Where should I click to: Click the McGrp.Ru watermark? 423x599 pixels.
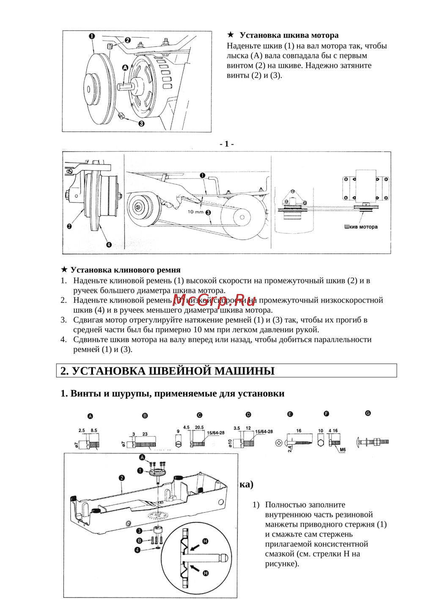(x=214, y=300)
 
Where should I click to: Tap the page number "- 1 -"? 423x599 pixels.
(x=227, y=144)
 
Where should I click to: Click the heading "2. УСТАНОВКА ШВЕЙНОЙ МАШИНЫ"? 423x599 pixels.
(x=168, y=371)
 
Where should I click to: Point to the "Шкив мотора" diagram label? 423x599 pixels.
(x=360, y=227)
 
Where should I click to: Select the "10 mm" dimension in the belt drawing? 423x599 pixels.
(x=195, y=212)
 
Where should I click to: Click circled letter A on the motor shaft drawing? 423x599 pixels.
(x=125, y=67)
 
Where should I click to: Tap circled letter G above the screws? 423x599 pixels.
(x=368, y=413)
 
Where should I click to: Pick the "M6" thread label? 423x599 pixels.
(x=342, y=450)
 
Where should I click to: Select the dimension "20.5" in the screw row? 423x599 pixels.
(x=199, y=427)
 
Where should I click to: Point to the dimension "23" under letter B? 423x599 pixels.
(x=145, y=434)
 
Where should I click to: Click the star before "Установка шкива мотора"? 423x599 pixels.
(x=231, y=35)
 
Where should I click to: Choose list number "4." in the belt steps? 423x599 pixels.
(x=63, y=339)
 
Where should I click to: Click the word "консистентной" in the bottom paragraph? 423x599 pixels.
(x=341, y=544)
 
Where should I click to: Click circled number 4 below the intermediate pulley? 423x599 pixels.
(x=109, y=244)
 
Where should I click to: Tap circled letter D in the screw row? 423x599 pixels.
(x=248, y=415)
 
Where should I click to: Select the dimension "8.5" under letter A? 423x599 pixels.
(x=93, y=430)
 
